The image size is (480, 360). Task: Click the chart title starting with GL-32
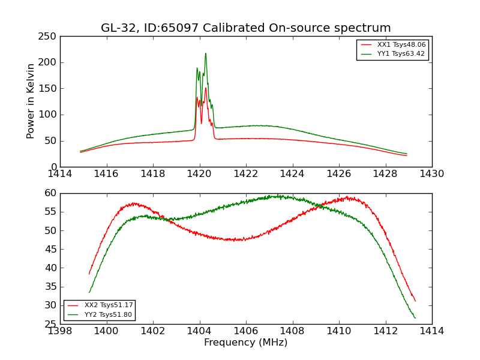(x=245, y=28)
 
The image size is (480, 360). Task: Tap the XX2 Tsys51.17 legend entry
(x=109, y=305)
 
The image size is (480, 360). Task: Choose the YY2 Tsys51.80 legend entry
(x=109, y=314)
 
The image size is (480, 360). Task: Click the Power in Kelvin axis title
(x=31, y=101)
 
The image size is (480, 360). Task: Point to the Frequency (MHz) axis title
(x=245, y=343)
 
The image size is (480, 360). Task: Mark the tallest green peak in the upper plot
(x=205, y=53)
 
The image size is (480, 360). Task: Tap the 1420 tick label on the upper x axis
(x=199, y=173)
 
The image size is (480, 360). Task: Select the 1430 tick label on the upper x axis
(x=431, y=173)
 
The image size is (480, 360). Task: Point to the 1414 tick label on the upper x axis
(x=60, y=173)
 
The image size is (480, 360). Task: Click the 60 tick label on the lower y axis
(x=50, y=193)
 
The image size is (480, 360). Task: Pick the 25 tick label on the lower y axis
(x=50, y=324)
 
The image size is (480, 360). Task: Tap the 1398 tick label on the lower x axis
(x=60, y=331)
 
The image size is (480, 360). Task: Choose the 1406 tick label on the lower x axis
(x=245, y=331)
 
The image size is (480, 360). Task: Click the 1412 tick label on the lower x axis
(x=385, y=331)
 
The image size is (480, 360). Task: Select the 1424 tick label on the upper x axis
(x=292, y=173)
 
